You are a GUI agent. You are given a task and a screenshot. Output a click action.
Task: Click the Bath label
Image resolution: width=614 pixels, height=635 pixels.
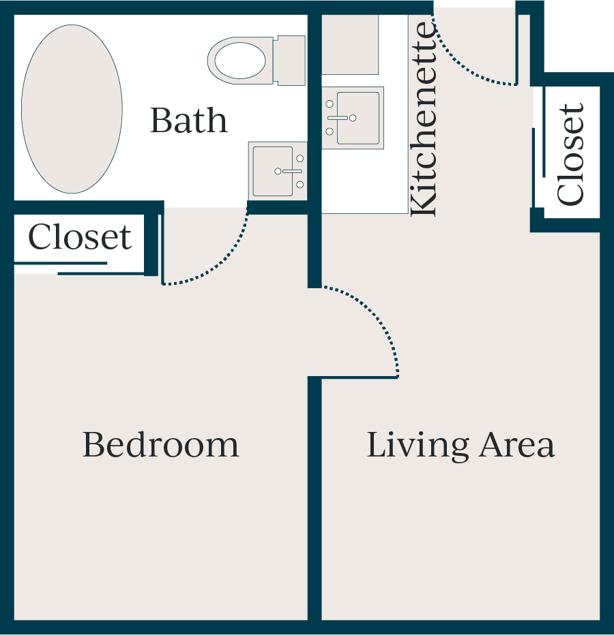[189, 121]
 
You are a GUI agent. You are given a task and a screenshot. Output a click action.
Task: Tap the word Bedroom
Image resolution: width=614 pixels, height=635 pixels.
[161, 445]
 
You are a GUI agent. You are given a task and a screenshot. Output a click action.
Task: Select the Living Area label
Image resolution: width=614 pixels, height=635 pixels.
[460, 446]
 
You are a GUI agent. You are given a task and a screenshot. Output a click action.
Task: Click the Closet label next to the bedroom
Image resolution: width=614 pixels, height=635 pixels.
[80, 237]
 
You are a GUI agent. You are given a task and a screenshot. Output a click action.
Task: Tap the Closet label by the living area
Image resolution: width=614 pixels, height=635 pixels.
[571, 154]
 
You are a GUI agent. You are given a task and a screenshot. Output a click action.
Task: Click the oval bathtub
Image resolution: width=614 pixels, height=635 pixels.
[72, 109]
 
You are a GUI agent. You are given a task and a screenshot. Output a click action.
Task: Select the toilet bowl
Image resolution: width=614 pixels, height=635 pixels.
[241, 61]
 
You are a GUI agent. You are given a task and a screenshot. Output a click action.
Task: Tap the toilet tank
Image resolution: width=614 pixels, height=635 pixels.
[289, 61]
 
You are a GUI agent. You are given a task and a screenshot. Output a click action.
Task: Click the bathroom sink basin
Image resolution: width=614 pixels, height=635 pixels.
[272, 171]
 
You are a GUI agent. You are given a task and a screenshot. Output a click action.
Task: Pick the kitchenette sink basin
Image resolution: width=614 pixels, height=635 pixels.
[358, 118]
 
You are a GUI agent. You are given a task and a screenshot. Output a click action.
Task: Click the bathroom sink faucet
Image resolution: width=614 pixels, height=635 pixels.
[289, 171]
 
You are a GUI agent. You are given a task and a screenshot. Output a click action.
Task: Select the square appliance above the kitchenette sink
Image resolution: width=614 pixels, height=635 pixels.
[350, 44]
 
